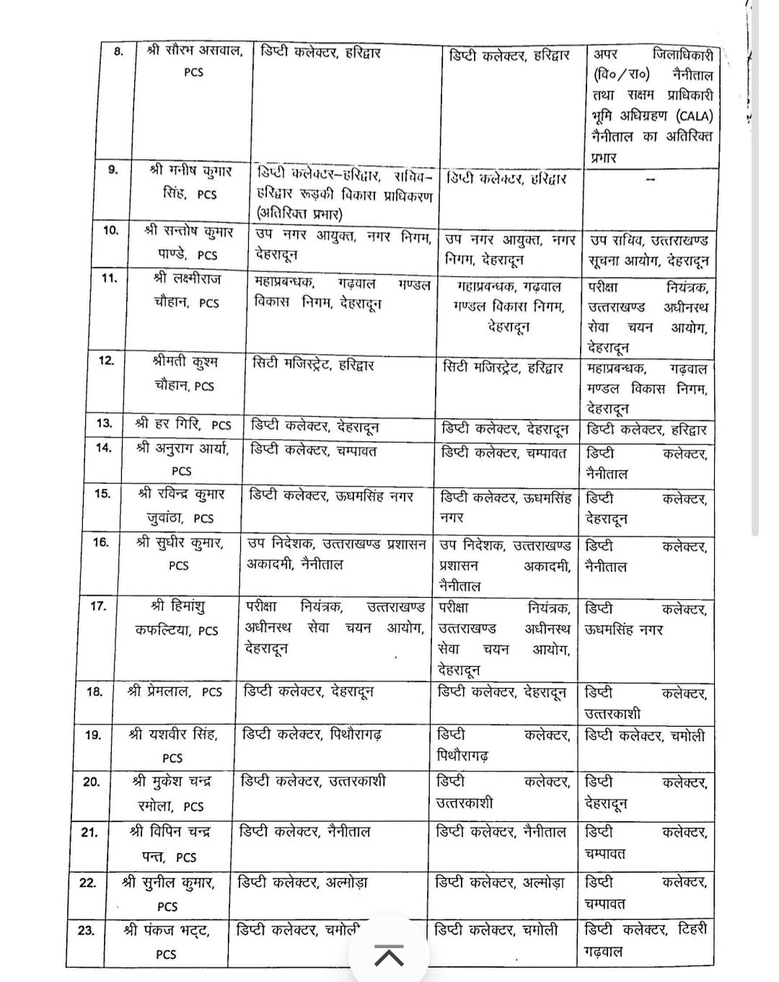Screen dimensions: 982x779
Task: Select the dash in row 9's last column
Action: point(650,180)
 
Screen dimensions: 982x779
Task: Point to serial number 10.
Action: point(111,230)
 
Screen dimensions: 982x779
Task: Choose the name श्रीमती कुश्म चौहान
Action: point(185,373)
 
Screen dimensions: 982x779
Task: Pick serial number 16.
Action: point(100,542)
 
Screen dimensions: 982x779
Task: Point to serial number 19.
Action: point(93,735)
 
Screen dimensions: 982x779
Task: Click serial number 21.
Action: point(89,832)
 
